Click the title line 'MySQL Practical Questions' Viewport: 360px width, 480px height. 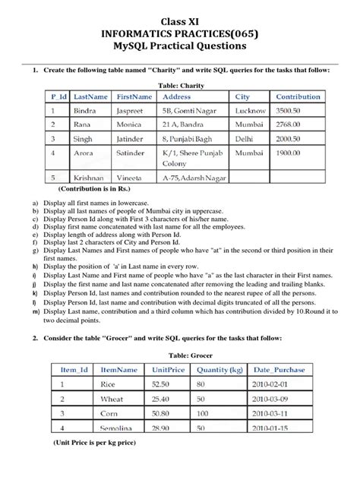pyautogui.click(x=180, y=46)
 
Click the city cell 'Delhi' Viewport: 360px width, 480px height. pyautogui.click(x=245, y=139)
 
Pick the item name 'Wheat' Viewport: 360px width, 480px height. pyautogui.click(x=113, y=398)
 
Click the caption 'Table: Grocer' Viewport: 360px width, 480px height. pyautogui.click(x=180, y=354)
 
